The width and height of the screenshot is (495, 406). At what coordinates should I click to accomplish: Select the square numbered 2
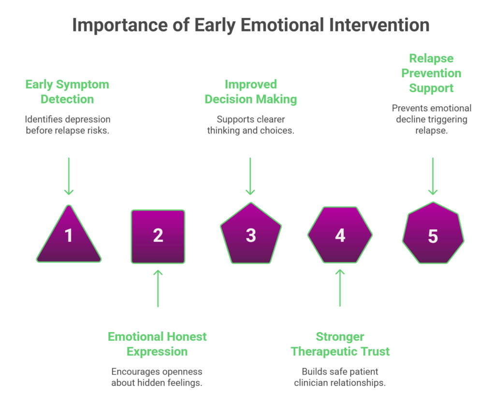click(158, 237)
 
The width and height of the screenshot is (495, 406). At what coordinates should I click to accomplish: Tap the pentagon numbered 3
click(250, 235)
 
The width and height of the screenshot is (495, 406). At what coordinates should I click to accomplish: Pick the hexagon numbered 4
click(340, 236)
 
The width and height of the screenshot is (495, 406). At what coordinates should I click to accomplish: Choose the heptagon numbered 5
click(433, 236)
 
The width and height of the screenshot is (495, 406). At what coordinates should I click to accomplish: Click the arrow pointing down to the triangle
click(69, 176)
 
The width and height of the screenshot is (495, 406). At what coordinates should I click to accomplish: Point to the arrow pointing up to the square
click(158, 288)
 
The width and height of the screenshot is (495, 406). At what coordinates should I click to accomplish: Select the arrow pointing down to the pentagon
click(250, 176)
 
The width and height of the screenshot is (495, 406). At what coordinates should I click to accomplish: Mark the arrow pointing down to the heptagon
click(433, 176)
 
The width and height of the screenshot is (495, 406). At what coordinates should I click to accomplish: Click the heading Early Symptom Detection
click(67, 92)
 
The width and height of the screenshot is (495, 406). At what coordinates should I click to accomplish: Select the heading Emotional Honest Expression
click(157, 344)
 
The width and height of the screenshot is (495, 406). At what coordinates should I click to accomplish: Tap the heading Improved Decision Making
click(250, 92)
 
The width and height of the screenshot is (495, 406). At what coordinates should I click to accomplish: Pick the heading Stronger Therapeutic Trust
click(340, 344)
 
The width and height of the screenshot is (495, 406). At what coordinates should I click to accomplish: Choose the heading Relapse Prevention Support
click(431, 73)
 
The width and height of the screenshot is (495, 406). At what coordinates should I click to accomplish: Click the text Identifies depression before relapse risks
click(67, 125)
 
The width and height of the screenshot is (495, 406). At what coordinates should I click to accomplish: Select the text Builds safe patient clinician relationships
click(340, 377)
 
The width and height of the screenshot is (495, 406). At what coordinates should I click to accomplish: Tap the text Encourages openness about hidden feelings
click(157, 377)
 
